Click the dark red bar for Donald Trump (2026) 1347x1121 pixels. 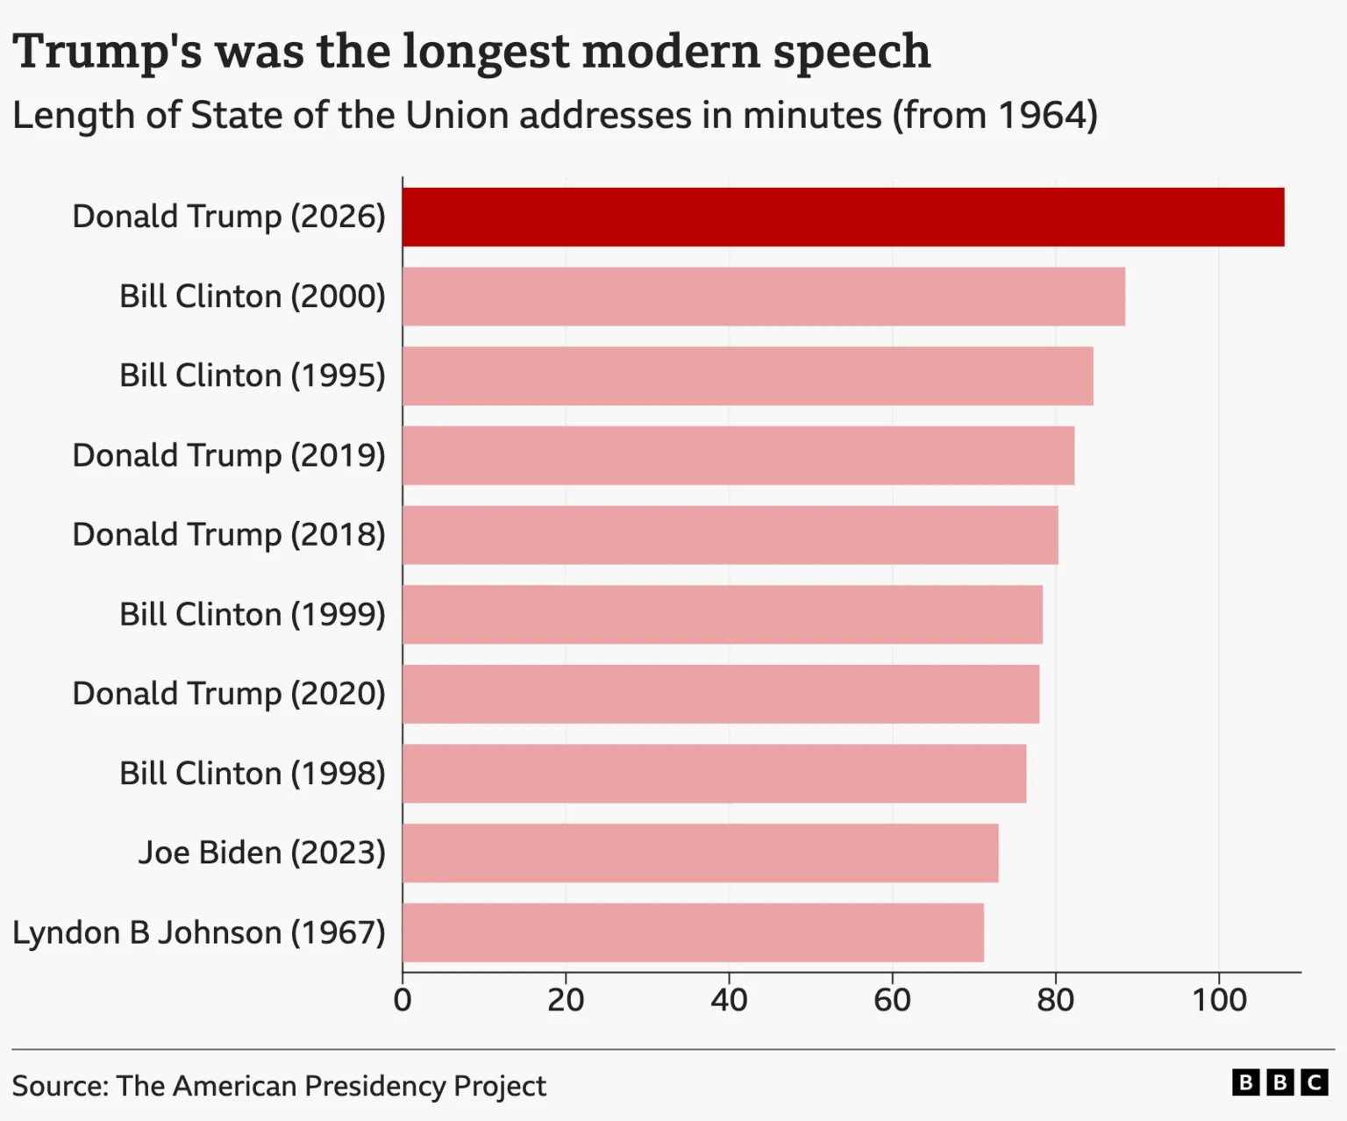pyautogui.click(x=843, y=217)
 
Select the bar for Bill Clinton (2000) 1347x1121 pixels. pyautogui.click(x=763, y=296)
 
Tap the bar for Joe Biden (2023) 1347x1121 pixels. pyautogui.click(x=700, y=853)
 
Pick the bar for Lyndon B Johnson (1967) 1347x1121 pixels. pyautogui.click(x=693, y=932)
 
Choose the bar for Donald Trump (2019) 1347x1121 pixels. pyautogui.click(x=738, y=455)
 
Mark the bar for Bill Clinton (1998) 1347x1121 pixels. pyautogui.click(x=714, y=773)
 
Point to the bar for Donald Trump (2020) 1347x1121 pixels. pyautogui.click(x=720, y=694)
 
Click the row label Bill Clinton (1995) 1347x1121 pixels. pyautogui.click(x=253, y=375)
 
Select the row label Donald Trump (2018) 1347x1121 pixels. pyautogui.click(x=229, y=534)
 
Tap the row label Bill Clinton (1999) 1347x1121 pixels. pyautogui.click(x=253, y=614)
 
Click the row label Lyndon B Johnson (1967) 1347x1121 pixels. pyautogui.click(x=199, y=932)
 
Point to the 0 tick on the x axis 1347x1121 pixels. pyautogui.click(x=403, y=999)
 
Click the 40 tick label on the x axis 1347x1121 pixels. pyautogui.click(x=729, y=999)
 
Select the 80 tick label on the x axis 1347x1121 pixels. pyautogui.click(x=1055, y=999)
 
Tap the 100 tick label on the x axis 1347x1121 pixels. pyautogui.click(x=1219, y=999)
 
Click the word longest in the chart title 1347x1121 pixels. pyautogui.click(x=486, y=51)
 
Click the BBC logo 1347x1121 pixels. pyautogui.click(x=1279, y=1082)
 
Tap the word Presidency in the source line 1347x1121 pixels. pyautogui.click(x=374, y=1086)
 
